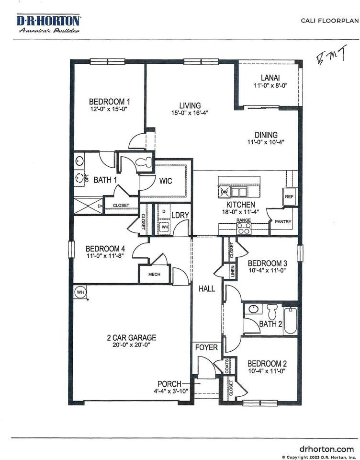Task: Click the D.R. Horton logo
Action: point(49,23)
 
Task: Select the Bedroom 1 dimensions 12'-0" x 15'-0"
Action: point(110,110)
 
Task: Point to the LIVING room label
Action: point(190,105)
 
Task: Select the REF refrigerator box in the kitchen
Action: point(289,196)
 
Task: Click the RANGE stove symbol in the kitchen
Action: point(244,228)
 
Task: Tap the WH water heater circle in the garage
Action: point(79,291)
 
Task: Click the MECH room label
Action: point(154,275)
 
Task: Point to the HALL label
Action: point(207,289)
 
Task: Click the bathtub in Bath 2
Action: point(290,319)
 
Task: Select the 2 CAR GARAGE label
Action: point(131,337)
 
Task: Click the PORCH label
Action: point(170,384)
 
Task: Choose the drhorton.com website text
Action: point(326,449)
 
